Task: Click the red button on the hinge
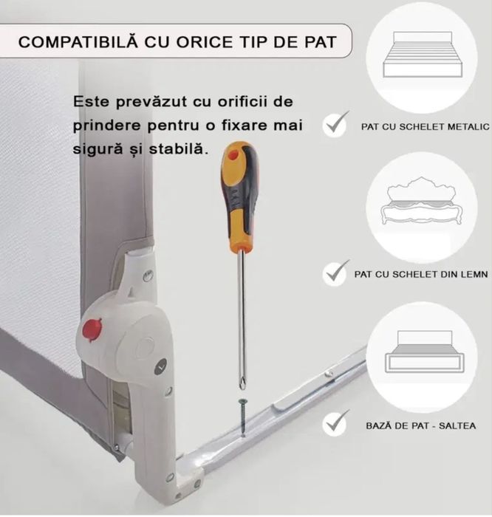coord(92,329)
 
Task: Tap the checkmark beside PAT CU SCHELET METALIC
coord(336,125)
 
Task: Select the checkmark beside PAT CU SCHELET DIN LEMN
coord(336,273)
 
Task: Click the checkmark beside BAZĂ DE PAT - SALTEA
coord(336,423)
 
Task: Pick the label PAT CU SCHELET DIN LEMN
coord(420,274)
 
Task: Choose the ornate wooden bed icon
coord(421,203)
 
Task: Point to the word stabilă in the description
coord(180,148)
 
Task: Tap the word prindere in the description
coord(103,125)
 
